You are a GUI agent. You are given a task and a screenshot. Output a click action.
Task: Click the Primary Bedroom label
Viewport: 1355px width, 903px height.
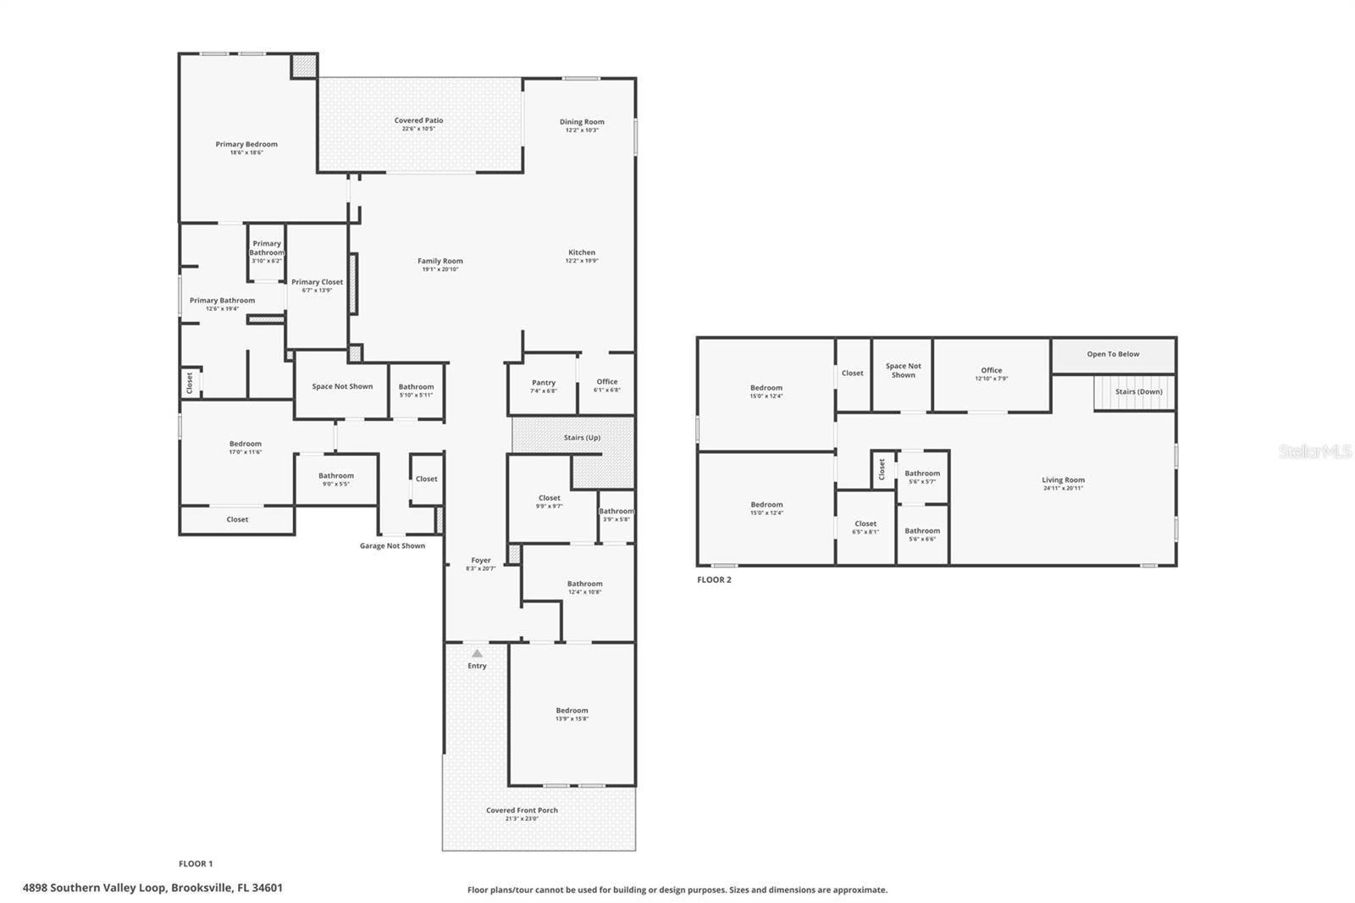point(246,145)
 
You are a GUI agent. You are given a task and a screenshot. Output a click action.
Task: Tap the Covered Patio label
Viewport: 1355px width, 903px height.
point(418,121)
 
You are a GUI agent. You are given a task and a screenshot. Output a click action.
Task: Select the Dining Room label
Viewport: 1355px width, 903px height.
point(582,122)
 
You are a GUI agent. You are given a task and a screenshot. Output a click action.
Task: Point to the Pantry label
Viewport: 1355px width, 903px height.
point(544,383)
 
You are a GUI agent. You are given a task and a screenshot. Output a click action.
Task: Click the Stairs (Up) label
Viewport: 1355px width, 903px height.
point(582,438)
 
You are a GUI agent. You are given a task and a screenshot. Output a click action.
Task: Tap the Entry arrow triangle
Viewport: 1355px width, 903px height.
point(477,653)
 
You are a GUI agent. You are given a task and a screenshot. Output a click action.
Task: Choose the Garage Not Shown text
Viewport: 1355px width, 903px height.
point(392,546)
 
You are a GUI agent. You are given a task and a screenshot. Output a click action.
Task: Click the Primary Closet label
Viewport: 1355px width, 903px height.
point(317,282)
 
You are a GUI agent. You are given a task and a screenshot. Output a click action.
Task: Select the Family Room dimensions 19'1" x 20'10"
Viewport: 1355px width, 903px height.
point(440,269)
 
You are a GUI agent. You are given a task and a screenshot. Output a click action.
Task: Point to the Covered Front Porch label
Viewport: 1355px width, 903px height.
point(522,811)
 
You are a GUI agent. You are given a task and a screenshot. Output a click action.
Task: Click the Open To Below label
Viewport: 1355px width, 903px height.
point(1113,354)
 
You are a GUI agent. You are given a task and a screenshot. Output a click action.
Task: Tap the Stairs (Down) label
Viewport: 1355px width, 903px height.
point(1138,392)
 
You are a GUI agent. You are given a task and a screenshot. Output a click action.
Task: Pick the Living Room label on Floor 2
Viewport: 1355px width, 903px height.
point(1063,480)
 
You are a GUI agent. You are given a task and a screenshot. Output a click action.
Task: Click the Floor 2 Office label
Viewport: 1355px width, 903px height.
point(991,370)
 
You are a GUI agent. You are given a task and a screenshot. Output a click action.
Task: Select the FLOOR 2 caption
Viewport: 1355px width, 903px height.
point(714,580)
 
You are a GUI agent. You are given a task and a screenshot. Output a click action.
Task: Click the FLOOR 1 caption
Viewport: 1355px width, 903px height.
point(196,864)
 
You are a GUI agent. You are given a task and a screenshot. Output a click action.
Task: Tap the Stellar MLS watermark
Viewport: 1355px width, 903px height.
point(1314,452)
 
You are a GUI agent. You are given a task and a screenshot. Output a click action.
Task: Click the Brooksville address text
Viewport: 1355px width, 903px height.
point(152,889)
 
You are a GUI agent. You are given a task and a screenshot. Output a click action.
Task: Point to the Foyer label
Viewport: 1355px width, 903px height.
point(480,561)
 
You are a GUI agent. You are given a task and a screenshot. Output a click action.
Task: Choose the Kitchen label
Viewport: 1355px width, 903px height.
point(582,252)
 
